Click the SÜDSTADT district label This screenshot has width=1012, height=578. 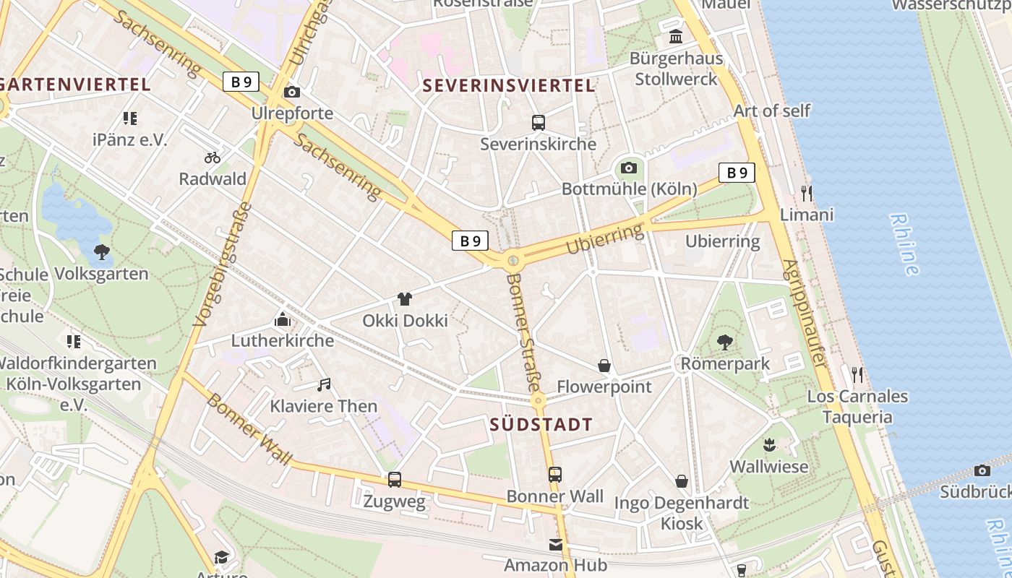tap(541, 424)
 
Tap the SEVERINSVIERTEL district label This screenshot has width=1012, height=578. tap(508, 85)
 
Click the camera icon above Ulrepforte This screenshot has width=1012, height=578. tap(292, 92)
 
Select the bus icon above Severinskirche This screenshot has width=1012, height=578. tap(539, 123)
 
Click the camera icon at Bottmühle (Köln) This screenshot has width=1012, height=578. tap(629, 168)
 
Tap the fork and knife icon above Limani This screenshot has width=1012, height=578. tap(807, 193)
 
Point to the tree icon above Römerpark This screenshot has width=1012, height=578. tap(725, 342)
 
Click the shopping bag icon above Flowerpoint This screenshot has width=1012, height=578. tap(604, 366)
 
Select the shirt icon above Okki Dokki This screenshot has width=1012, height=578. tap(405, 299)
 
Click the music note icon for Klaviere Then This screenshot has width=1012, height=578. tap(324, 385)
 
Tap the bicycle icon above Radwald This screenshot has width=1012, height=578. tap(213, 157)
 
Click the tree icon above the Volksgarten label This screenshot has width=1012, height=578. tap(102, 252)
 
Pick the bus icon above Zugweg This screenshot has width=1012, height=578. tap(395, 479)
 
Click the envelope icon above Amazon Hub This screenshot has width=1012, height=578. tap(555, 544)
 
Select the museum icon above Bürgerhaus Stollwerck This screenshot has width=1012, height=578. tap(676, 36)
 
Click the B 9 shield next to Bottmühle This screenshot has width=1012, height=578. tap(737, 173)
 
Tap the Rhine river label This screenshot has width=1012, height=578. tap(904, 244)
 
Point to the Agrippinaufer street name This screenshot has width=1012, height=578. tap(803, 312)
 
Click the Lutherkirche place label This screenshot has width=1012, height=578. tap(283, 340)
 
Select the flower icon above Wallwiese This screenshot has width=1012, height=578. tap(769, 444)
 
